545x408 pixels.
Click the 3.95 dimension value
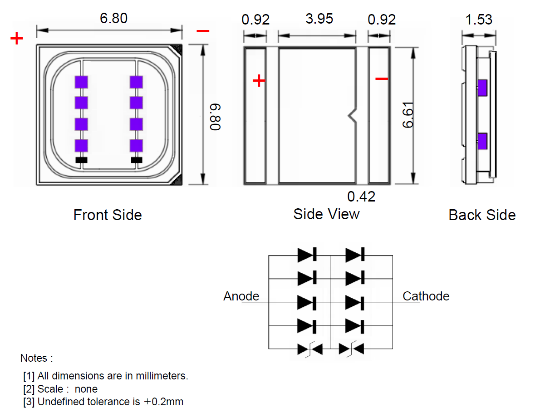click(319, 19)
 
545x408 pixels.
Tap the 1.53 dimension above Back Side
click(478, 20)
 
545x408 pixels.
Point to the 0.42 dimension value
click(361, 197)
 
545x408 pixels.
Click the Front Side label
click(108, 215)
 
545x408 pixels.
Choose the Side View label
click(326, 214)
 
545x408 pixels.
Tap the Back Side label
click(482, 215)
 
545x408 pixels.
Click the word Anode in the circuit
click(241, 296)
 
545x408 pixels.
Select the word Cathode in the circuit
click(426, 296)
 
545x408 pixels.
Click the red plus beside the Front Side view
click(16, 39)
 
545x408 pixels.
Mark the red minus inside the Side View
click(382, 79)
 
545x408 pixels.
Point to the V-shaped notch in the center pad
click(352, 115)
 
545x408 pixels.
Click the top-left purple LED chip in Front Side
click(81, 82)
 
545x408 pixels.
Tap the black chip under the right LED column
click(136, 160)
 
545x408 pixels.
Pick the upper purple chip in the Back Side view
click(482, 88)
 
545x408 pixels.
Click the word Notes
click(36, 358)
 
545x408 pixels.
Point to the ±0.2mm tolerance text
click(163, 402)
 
